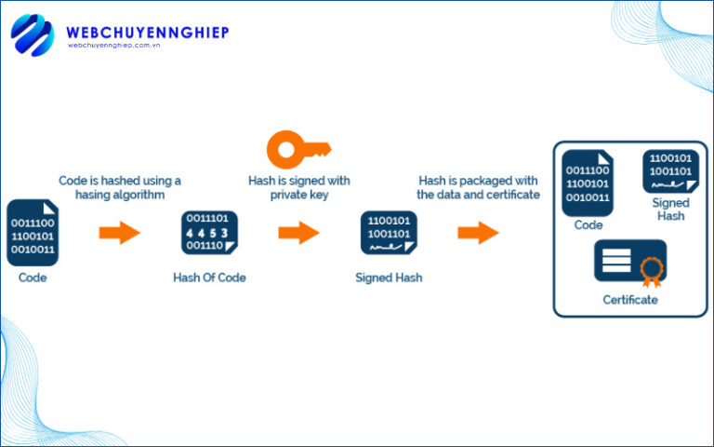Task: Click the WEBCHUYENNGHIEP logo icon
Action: coord(33,36)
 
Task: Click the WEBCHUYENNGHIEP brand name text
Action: coord(147,33)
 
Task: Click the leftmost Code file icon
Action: coord(33,233)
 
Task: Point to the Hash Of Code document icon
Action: coord(209,234)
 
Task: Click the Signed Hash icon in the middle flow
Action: coord(389,234)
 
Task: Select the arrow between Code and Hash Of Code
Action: coord(119,233)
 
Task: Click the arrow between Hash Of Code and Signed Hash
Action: coord(298,233)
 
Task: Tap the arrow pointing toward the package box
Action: coord(478,233)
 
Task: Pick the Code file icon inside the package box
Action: coord(588,182)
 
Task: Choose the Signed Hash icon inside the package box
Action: coord(670,171)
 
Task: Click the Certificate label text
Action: coord(629,300)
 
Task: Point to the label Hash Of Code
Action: coord(209,278)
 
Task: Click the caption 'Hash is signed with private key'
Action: coord(298,187)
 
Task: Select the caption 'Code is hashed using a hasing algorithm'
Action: coord(120,187)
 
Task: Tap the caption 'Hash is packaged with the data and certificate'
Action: coord(478,187)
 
